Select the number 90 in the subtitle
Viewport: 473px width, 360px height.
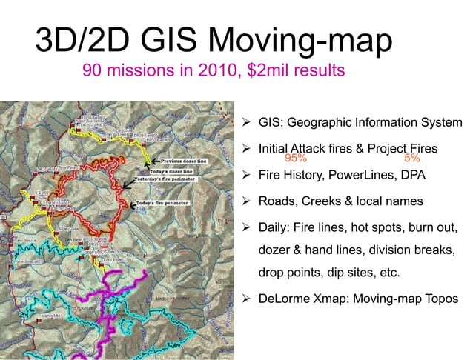pyautogui.click(x=93, y=72)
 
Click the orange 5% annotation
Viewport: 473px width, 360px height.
pyautogui.click(x=413, y=158)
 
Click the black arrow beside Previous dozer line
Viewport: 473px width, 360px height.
pyautogui.click(x=154, y=160)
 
